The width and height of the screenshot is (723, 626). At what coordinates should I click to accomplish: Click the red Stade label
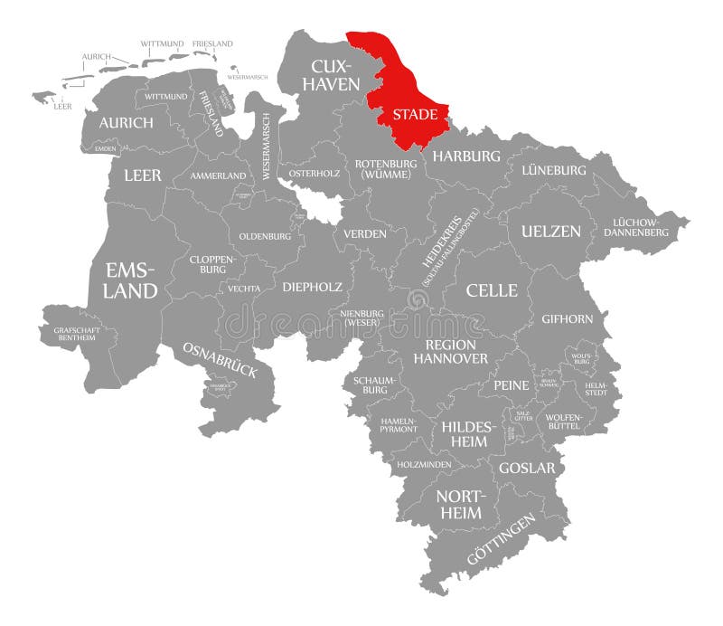click(x=415, y=115)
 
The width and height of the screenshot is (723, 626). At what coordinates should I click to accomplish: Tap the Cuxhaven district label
click(x=335, y=75)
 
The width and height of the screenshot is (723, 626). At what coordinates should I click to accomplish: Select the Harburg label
click(x=465, y=156)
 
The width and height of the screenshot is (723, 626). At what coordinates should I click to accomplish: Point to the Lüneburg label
click(x=553, y=170)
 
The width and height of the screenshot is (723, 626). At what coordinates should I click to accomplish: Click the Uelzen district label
click(x=550, y=231)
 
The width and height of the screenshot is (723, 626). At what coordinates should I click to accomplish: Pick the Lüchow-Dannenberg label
click(x=640, y=227)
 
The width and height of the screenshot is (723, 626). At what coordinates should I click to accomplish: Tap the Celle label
click(x=492, y=290)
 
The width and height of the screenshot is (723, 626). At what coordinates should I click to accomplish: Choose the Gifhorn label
click(x=567, y=318)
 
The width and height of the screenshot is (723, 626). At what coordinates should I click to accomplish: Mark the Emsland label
click(x=132, y=280)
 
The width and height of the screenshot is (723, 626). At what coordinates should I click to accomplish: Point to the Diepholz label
click(x=312, y=287)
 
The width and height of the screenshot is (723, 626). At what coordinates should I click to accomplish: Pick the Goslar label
click(x=526, y=469)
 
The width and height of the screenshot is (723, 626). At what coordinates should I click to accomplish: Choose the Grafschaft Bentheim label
click(x=84, y=334)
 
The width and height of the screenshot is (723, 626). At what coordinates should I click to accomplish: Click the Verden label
click(x=364, y=233)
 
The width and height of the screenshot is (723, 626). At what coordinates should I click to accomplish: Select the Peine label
click(x=511, y=385)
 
